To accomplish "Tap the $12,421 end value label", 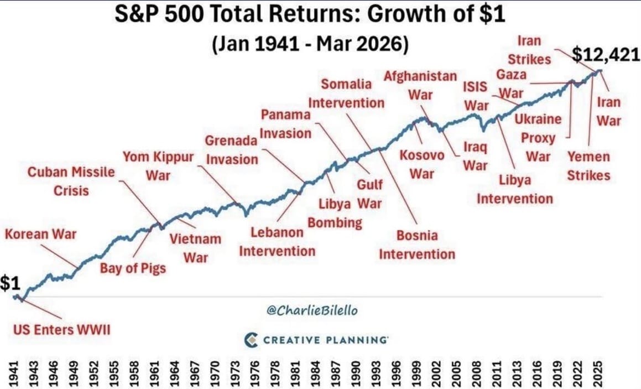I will [x=606, y=55].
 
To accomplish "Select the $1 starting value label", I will [x=10, y=284].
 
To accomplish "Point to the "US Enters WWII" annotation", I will [x=61, y=330].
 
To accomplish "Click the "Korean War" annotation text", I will [x=40, y=234].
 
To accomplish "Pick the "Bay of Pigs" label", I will [x=133, y=269].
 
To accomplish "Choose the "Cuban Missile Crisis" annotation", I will [x=71, y=181].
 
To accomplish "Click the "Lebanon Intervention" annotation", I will [x=277, y=242].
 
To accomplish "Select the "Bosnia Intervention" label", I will [x=417, y=245].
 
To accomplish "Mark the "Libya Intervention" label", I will [x=514, y=189].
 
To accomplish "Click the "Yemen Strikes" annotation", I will [x=588, y=166].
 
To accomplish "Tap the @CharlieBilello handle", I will [x=312, y=310].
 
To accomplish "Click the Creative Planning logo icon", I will [x=251, y=339].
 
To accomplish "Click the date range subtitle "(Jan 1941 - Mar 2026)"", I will [x=310, y=43].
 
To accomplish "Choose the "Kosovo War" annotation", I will [x=421, y=164].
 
